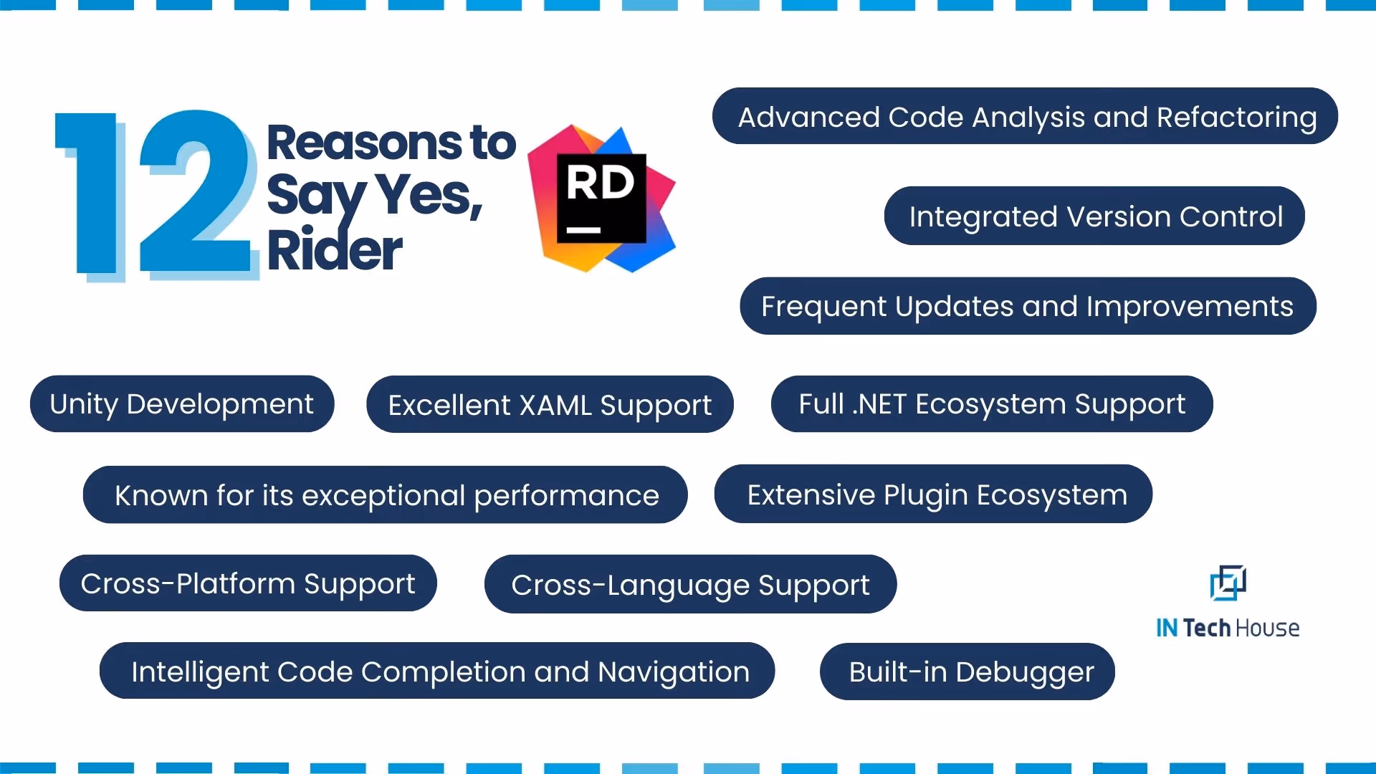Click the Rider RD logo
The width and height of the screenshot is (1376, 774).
[x=602, y=199]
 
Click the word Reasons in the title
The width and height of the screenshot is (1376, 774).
[x=364, y=143]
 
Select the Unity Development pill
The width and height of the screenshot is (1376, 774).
[x=182, y=404]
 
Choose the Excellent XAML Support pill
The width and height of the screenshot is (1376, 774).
[x=550, y=405]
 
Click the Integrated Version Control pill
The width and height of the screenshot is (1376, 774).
[x=1094, y=216]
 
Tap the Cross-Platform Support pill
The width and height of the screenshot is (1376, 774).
[x=248, y=583]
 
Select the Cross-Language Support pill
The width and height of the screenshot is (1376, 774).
[x=690, y=585]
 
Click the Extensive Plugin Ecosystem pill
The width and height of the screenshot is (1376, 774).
[x=933, y=494]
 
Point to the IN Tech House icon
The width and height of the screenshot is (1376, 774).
[x=1228, y=583]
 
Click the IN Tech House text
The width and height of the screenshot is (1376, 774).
[x=1228, y=629]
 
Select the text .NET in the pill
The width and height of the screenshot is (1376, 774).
[x=879, y=404]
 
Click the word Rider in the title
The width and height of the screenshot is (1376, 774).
[x=334, y=251]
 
